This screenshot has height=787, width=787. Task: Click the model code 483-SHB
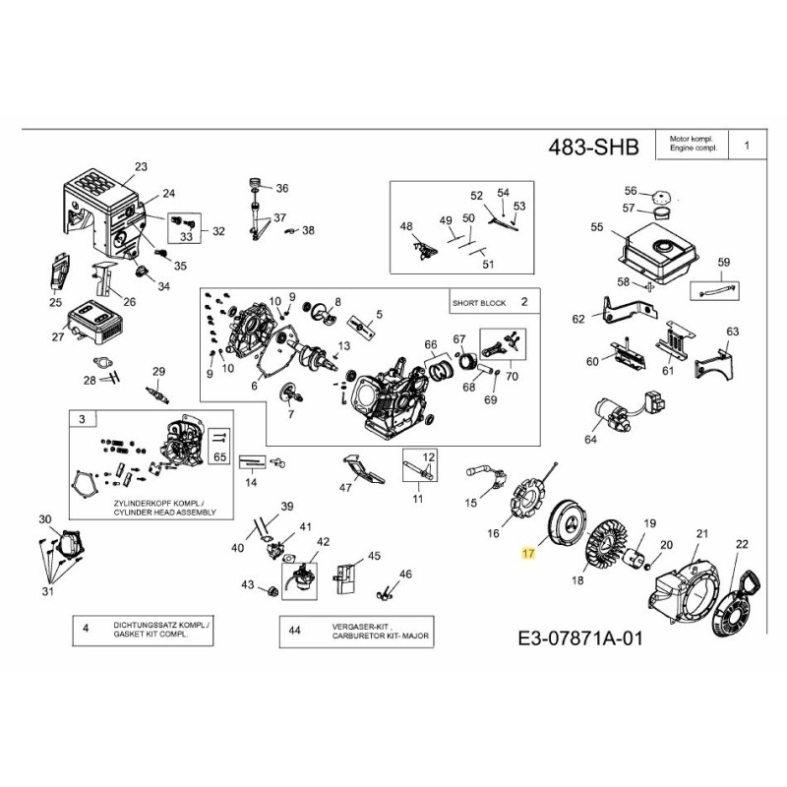[592, 147]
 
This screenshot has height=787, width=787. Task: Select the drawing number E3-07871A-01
[579, 639]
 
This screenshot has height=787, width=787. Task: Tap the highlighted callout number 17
[528, 554]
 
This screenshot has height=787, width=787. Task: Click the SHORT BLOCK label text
[479, 303]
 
